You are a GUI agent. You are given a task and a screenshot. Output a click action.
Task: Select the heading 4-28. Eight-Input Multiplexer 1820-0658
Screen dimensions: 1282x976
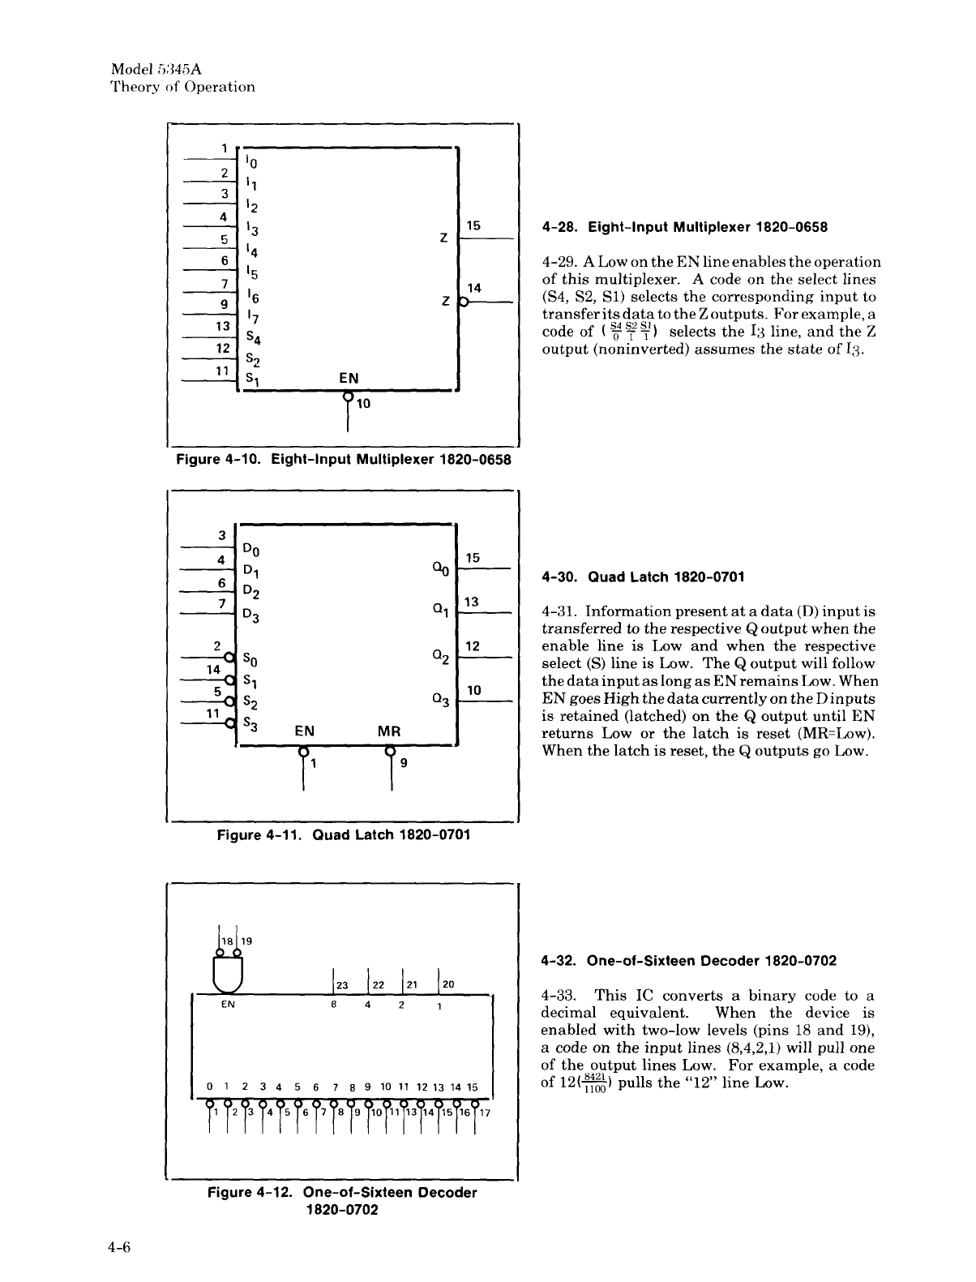(x=684, y=228)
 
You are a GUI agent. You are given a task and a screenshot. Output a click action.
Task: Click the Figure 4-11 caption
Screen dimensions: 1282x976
(x=344, y=834)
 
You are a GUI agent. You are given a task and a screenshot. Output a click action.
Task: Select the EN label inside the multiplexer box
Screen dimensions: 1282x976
(x=349, y=378)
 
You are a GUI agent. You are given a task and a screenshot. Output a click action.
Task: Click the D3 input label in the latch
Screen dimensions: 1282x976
(x=252, y=615)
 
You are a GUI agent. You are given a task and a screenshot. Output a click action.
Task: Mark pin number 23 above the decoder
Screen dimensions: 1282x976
(x=341, y=985)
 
